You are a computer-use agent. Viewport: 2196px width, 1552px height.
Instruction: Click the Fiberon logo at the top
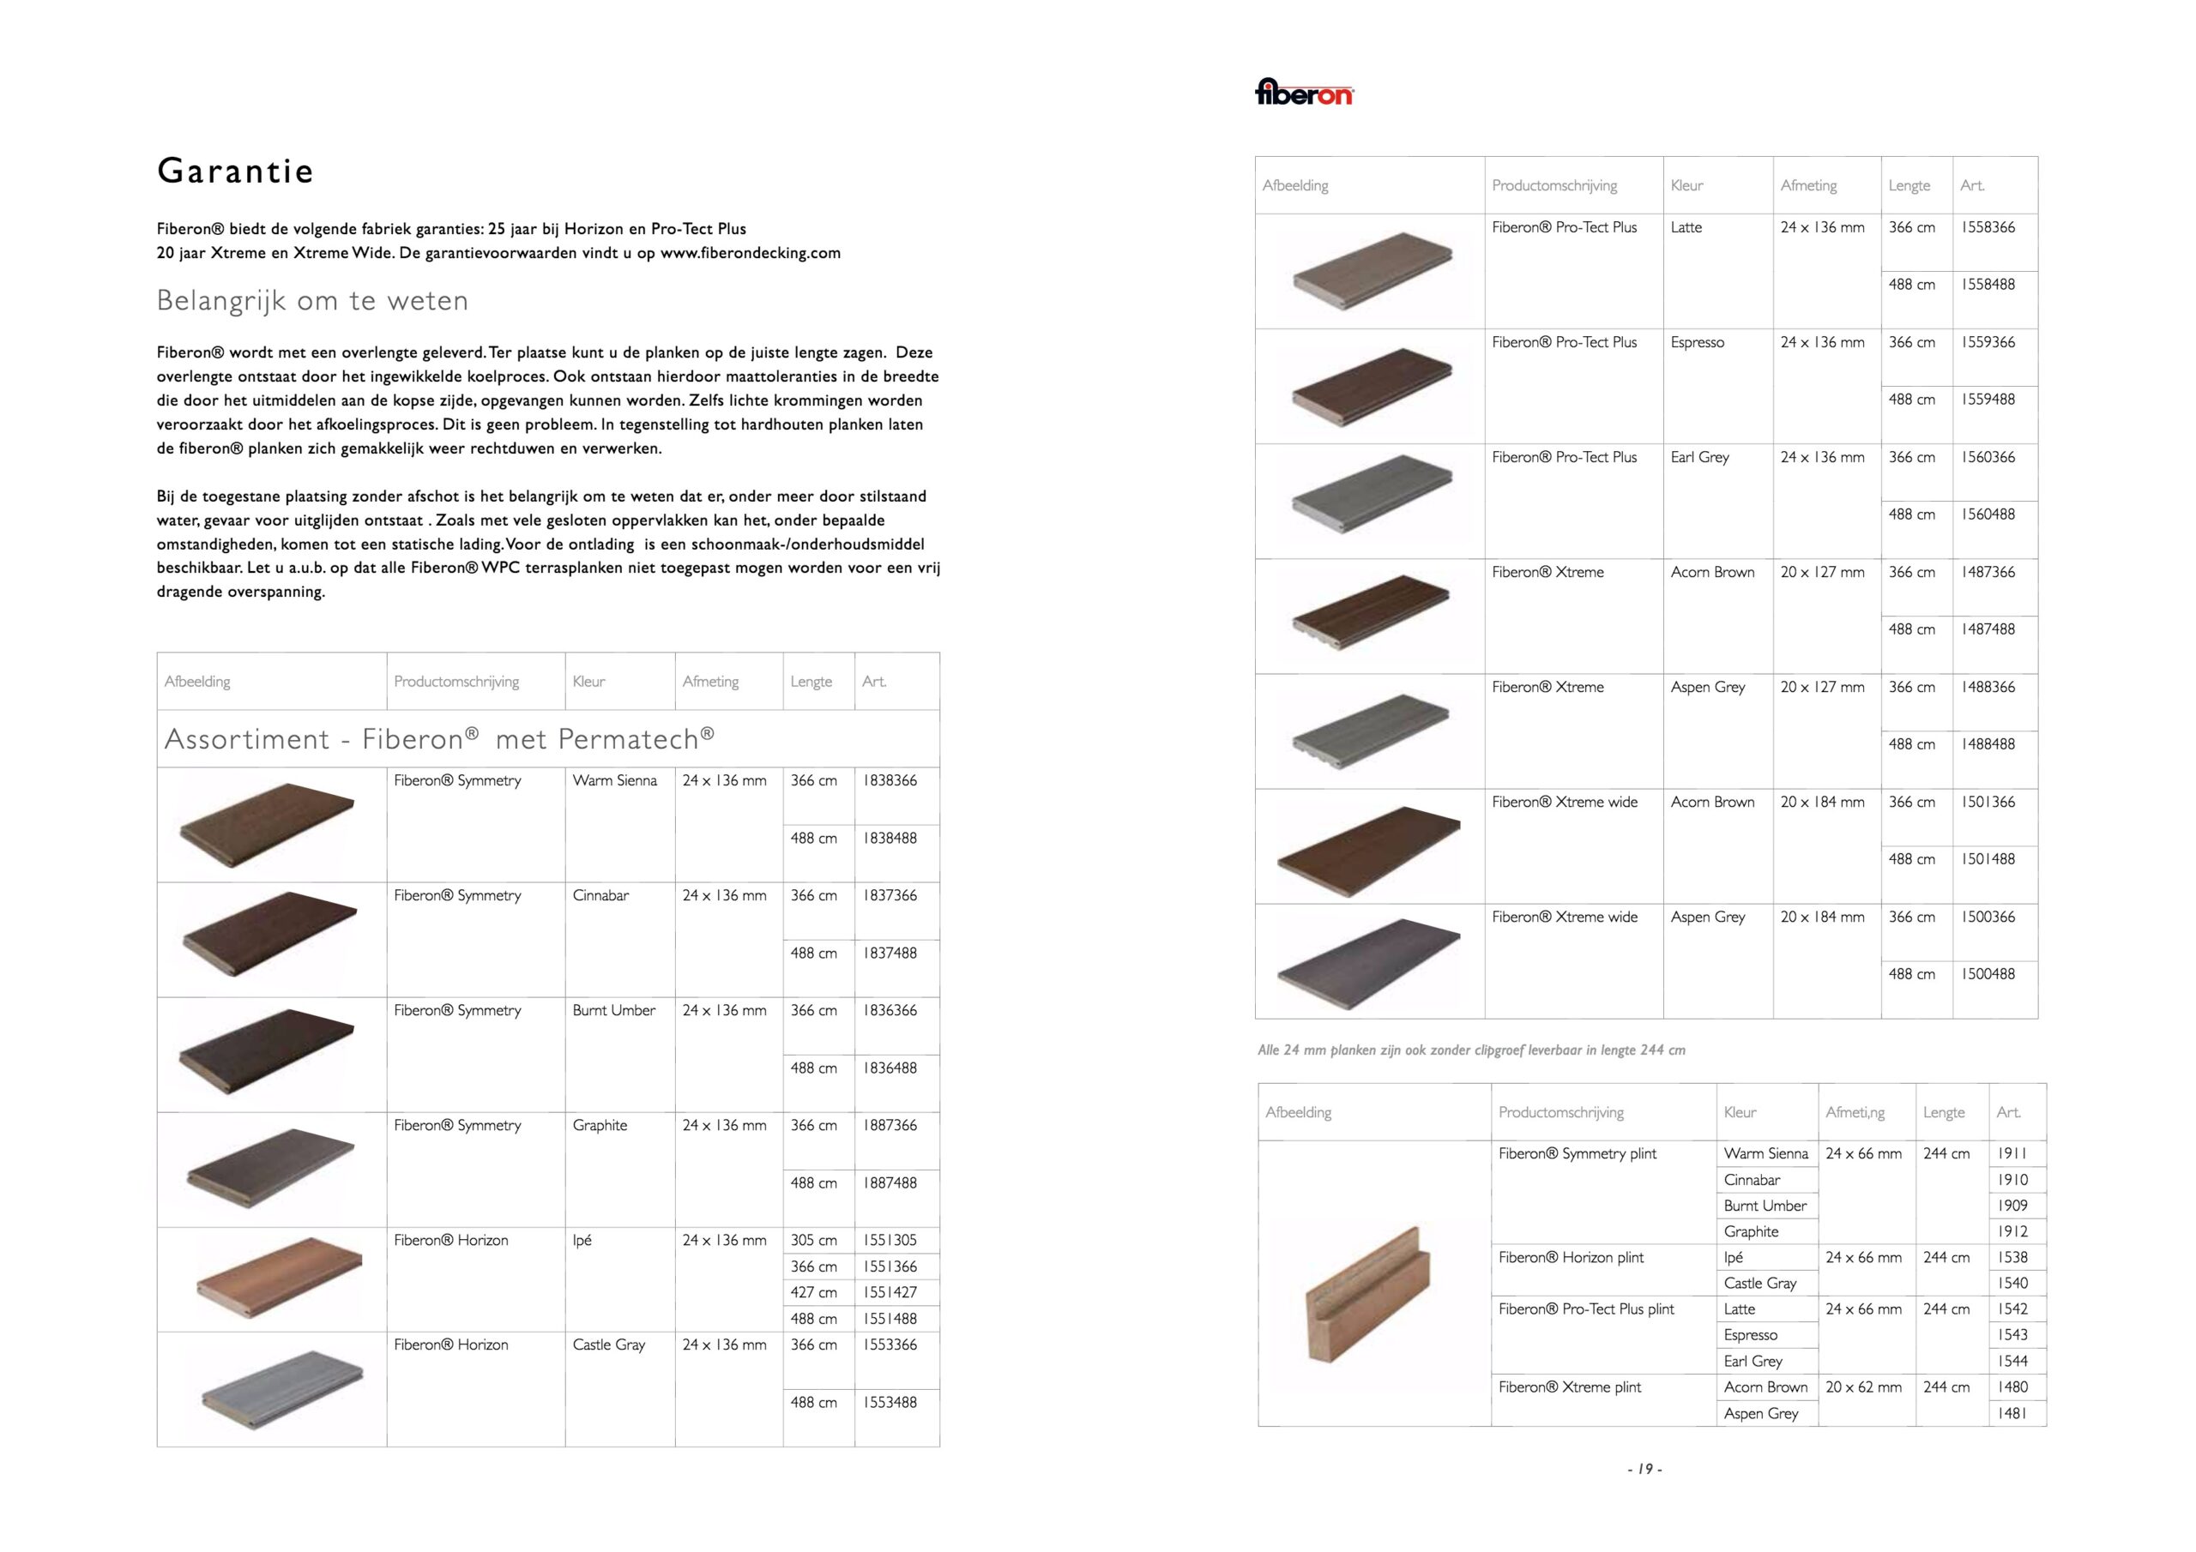tap(1304, 93)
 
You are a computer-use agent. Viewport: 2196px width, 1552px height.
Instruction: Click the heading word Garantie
tap(235, 171)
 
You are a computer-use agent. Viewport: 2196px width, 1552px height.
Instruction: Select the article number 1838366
tap(890, 781)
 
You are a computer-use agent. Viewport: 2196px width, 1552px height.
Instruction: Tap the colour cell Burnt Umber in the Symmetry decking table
tap(614, 1011)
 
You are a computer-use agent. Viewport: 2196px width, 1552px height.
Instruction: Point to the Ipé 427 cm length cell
tap(814, 1293)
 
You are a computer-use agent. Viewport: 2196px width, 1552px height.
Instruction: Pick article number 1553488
tap(890, 1403)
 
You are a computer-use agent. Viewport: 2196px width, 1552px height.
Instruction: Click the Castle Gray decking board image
tap(283, 1389)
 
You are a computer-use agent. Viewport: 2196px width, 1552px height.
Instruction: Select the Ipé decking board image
tap(281, 1278)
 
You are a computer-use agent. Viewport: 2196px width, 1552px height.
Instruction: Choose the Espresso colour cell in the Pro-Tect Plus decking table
tap(1698, 342)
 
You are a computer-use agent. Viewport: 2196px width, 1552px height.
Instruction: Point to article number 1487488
tap(1988, 629)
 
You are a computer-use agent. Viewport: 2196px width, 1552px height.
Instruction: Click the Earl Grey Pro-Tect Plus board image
tap(1372, 496)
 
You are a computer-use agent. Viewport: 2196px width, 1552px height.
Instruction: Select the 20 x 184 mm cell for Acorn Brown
tap(1822, 803)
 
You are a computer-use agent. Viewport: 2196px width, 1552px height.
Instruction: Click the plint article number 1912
tap(2012, 1231)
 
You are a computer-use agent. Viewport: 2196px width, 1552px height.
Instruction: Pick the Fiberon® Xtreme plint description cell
tap(1570, 1387)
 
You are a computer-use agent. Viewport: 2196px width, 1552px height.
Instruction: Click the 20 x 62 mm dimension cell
tap(1863, 1387)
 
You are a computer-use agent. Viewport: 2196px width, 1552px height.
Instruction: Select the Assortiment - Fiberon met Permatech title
tap(439, 739)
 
